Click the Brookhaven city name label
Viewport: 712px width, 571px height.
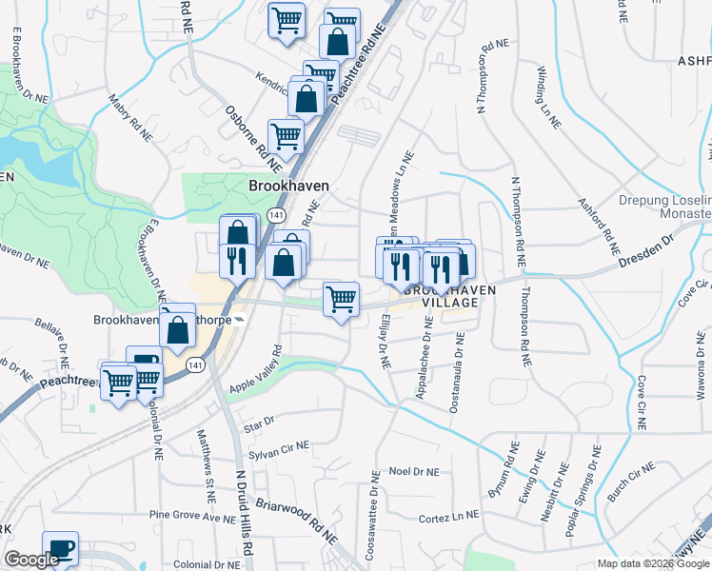[289, 186]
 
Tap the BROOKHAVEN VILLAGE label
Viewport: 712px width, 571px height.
[439, 294]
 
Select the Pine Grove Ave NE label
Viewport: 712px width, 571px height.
[192, 517]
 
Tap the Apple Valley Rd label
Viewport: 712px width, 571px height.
[256, 369]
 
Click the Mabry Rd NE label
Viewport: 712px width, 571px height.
[129, 117]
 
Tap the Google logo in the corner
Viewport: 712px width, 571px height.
[31, 560]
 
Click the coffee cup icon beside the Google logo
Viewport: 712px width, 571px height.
[60, 547]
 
